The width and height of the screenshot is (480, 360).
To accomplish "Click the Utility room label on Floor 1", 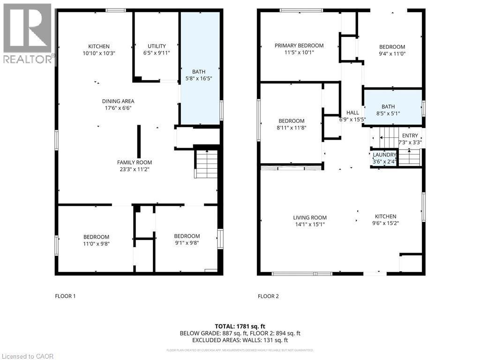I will click(x=157, y=46).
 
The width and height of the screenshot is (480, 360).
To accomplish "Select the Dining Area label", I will click(x=118, y=101).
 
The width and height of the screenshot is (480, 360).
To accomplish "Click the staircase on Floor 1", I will click(x=206, y=164).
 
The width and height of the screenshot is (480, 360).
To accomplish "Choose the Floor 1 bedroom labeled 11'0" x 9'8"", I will click(x=96, y=240).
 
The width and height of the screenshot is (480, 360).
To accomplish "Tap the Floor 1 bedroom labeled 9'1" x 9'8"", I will click(x=187, y=240).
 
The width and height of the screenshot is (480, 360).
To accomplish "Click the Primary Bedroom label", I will click(x=299, y=45).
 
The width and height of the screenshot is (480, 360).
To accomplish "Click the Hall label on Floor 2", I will click(x=352, y=112).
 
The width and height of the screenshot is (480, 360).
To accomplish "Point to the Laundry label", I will click(x=384, y=155).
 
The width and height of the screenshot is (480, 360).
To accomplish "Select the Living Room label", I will click(x=310, y=217).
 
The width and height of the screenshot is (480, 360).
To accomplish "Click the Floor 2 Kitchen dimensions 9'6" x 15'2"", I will click(x=385, y=224).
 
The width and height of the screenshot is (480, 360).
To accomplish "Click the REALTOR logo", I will click(x=28, y=33).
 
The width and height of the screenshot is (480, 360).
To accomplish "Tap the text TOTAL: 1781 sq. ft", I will click(x=240, y=326).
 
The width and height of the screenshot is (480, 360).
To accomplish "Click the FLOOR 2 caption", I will click(x=268, y=296).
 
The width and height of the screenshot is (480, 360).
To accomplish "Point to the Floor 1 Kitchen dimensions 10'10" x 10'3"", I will click(x=99, y=53).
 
